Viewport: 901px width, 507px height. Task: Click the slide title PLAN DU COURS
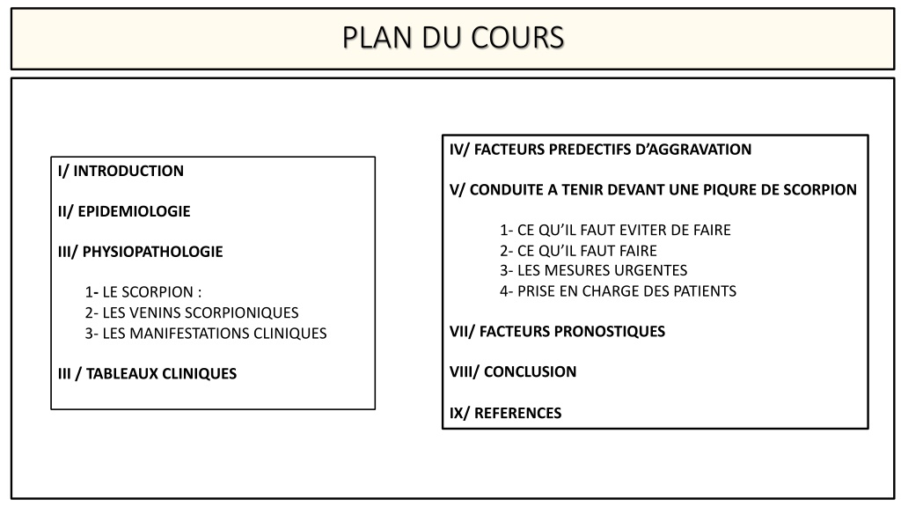click(453, 38)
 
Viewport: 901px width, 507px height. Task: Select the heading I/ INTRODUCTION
click(121, 171)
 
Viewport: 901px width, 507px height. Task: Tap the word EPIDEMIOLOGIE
click(134, 211)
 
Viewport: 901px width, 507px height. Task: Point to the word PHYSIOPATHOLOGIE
click(152, 251)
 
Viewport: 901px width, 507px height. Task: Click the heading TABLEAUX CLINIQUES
click(162, 373)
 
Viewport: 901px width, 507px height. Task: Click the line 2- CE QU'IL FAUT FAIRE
click(578, 251)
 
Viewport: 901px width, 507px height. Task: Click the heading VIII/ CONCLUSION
click(513, 371)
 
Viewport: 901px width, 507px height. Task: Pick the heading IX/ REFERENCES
click(506, 413)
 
